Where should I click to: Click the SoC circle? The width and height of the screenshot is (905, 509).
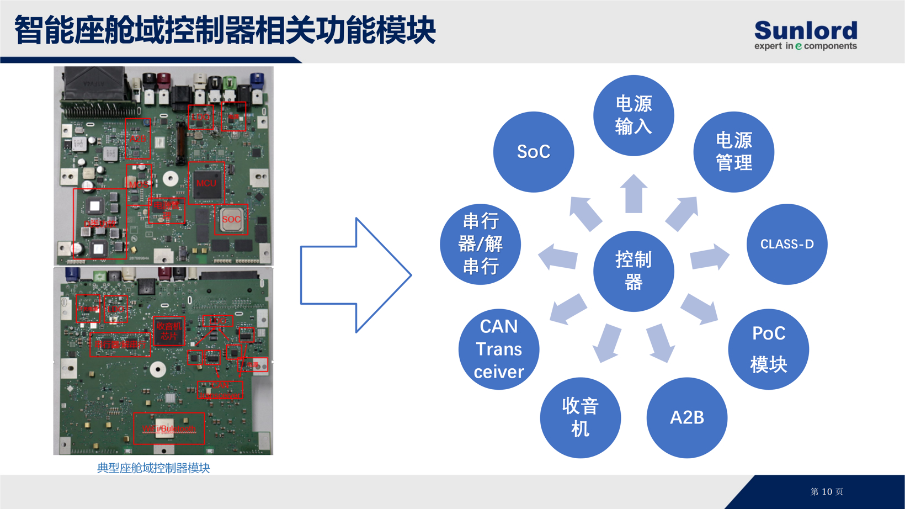533,152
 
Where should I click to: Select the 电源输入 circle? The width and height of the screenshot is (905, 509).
633,115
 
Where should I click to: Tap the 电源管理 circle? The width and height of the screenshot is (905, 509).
733,152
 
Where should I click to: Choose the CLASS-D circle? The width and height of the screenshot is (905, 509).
787,244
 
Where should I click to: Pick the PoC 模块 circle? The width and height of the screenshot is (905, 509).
768,349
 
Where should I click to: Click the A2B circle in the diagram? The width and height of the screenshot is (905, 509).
686,417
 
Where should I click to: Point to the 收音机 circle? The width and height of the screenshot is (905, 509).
580,417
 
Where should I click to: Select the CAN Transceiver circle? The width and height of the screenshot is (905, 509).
498,349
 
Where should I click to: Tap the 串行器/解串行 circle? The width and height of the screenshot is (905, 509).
480,244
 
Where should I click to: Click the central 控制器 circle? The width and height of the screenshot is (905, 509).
633,271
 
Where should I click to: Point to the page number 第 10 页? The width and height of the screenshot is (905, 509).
826,492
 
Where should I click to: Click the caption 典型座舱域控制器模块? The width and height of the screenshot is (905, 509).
153,468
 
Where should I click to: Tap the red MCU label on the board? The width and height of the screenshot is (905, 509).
206,183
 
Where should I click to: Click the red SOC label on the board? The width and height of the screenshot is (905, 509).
231,219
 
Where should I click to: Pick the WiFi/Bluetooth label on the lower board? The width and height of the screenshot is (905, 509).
169,429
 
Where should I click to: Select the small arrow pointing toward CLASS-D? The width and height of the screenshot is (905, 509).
710,257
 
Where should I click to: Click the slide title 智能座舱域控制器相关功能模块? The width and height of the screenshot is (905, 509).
225,30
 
